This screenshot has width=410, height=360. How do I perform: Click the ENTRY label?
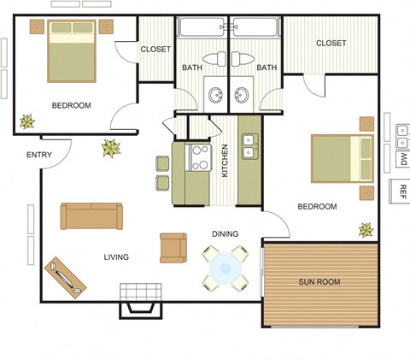[39, 155]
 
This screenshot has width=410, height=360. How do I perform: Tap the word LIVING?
[116, 257]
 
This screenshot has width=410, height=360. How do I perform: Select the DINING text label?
[225, 233]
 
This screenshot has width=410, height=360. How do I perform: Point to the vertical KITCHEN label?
[225, 160]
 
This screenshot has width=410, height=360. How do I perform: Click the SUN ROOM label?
[319, 280]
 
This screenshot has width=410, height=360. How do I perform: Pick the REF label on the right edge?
[401, 189]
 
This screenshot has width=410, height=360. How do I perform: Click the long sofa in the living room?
[91, 215]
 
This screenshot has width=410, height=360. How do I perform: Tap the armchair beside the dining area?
[173, 248]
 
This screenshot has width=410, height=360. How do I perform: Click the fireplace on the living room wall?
[140, 299]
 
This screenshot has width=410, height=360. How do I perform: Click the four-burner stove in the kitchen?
[200, 157]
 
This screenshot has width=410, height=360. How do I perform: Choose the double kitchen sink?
[250, 146]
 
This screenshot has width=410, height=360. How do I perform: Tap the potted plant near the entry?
[111, 149]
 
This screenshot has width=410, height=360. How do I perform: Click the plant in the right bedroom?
[366, 229]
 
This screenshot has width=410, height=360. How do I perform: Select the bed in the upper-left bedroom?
[72, 50]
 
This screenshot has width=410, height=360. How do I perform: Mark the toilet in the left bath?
[220, 59]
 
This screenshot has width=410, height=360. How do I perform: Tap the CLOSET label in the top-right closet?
[331, 43]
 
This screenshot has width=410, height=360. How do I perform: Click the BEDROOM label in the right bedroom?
[317, 206]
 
